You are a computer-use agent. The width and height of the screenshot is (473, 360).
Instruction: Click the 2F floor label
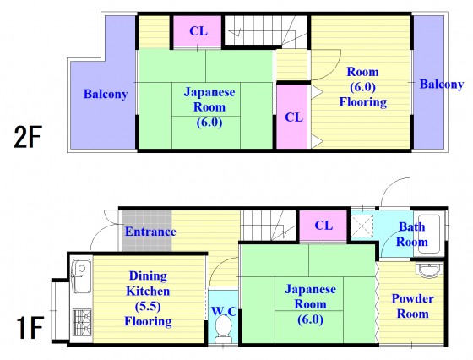point(27,136)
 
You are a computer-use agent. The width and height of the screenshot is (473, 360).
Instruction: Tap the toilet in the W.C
point(224,330)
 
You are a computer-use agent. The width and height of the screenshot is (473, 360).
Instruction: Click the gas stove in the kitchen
point(82,320)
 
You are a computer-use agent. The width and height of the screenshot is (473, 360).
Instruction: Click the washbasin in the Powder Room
point(430,270)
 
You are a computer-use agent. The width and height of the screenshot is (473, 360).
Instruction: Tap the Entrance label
point(150,232)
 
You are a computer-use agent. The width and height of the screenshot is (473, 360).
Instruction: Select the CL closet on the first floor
point(323,226)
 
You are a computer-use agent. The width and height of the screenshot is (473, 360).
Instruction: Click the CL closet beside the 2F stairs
point(198,31)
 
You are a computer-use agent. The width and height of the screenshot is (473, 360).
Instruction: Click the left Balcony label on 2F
point(106,94)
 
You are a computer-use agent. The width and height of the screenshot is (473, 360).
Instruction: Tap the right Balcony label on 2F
point(442,85)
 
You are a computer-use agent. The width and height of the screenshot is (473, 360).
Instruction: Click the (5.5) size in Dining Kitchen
point(148,307)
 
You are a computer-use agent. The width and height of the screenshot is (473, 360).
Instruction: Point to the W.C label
point(224,311)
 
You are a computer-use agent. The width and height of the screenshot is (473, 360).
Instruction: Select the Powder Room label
point(413,306)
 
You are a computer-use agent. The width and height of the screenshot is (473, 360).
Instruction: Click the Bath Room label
point(412,234)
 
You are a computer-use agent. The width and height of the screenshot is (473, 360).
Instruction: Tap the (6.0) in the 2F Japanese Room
point(209,123)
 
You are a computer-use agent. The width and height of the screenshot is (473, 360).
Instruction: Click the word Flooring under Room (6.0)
point(363,102)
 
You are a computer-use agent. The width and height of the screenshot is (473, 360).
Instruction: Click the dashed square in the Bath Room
point(362,226)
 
